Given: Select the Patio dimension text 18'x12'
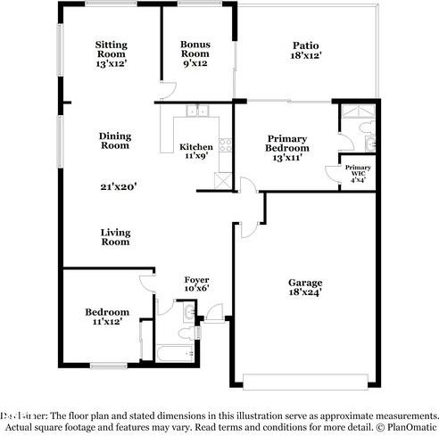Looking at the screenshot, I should tap(306, 55).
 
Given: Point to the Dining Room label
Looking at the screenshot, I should tap(115, 141).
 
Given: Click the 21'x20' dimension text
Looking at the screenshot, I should tap(118, 187).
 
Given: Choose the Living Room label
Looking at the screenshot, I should tap(115, 236).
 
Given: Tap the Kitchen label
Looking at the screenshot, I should tap(196, 147).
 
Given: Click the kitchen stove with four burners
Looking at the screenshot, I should tap(225, 144).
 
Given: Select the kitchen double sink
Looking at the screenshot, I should tap(196, 111).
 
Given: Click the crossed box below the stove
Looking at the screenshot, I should tap(223, 177).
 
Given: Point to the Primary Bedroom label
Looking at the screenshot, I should tap(287, 144).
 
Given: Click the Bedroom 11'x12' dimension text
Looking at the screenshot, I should tap(107, 322).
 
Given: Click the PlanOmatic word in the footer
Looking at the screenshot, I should tap(411, 426).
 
